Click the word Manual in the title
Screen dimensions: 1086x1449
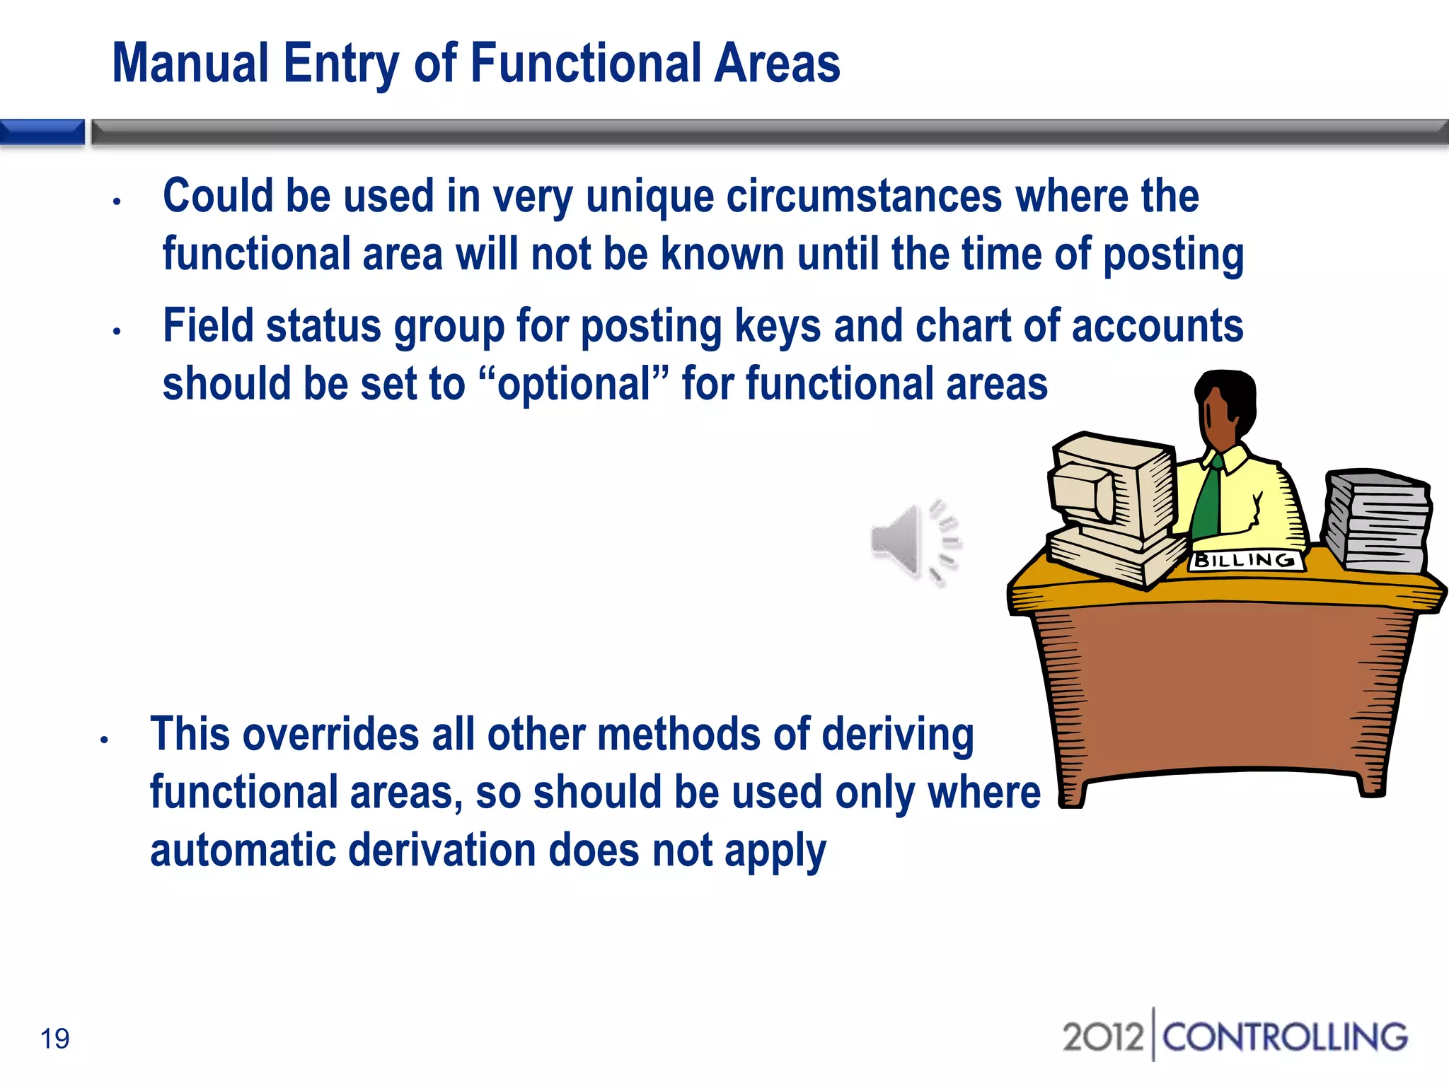click(190, 64)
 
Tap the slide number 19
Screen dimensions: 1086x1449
click(55, 1039)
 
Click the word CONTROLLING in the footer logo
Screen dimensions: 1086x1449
click(1285, 1037)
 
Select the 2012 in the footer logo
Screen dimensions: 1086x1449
click(1103, 1037)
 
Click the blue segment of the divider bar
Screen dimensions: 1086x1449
click(42, 132)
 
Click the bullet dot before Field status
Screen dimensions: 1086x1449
click(117, 331)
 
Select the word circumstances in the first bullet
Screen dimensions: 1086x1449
click(864, 196)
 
